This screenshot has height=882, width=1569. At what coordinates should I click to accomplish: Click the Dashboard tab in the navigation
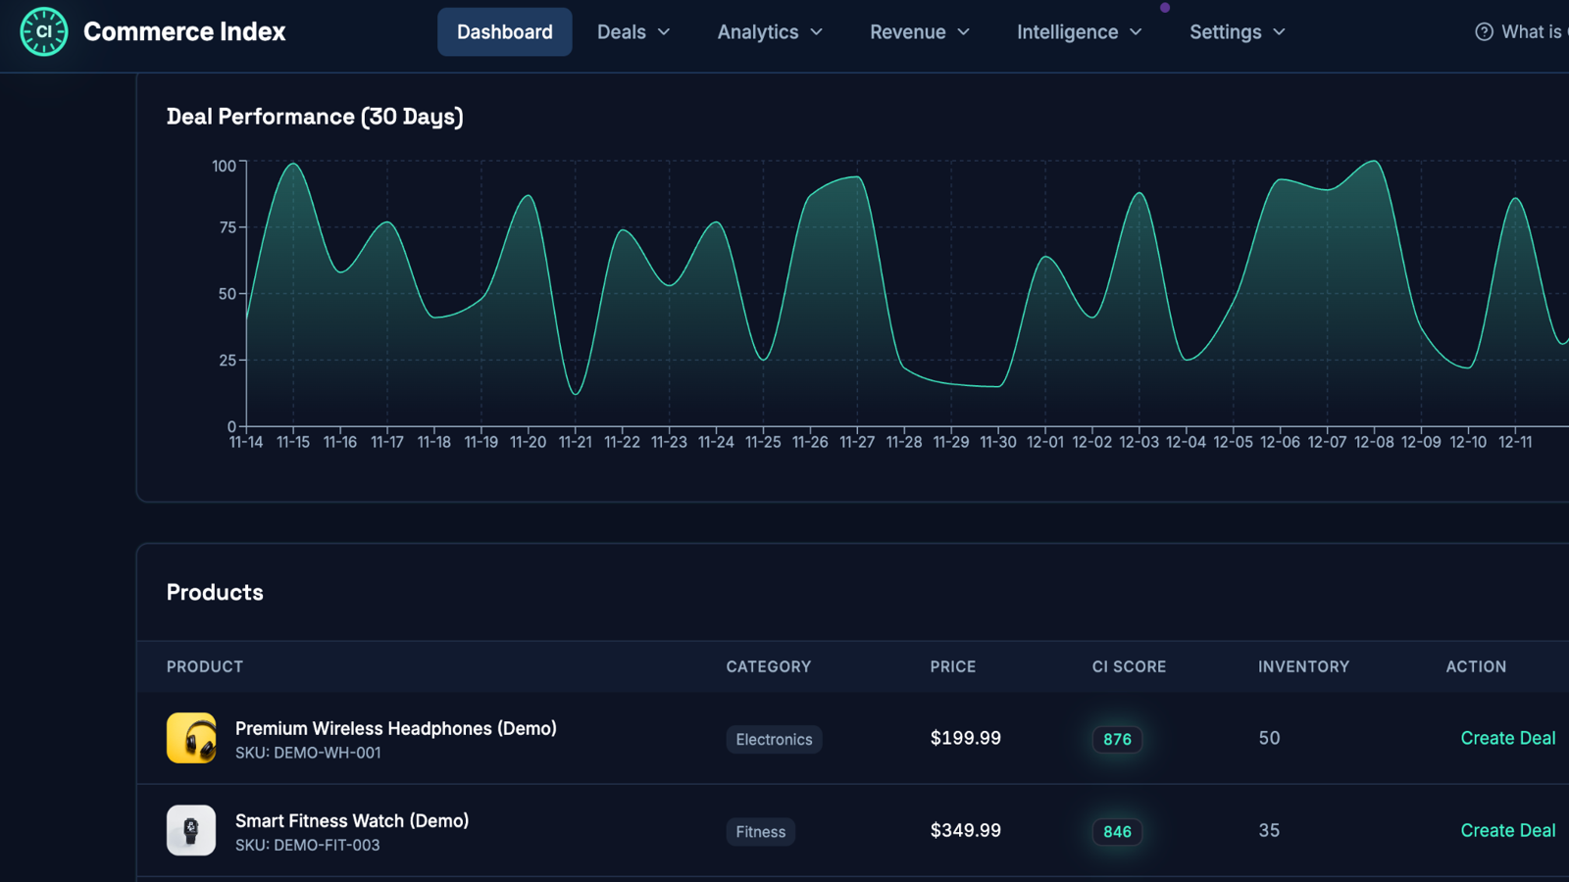point(504,32)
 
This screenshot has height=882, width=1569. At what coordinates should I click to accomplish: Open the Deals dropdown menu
point(633,32)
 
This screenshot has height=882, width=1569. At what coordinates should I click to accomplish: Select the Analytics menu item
point(769,32)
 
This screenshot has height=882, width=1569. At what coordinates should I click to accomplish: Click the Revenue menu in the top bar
point(920,32)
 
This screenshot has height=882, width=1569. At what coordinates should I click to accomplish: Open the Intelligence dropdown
point(1080,32)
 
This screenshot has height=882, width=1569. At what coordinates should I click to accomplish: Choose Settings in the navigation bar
point(1237,32)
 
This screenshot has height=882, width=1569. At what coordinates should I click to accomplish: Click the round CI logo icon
point(44,31)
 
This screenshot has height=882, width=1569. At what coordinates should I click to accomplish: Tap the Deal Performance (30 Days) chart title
point(315,117)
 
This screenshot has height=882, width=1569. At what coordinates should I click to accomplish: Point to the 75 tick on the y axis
point(228,227)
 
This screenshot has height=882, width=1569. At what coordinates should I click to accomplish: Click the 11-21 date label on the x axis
point(575,442)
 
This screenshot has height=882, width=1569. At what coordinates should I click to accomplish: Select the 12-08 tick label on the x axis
point(1374,442)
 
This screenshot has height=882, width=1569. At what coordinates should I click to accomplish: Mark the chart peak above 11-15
point(293,164)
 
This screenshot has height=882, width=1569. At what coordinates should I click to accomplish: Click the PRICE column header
point(952,666)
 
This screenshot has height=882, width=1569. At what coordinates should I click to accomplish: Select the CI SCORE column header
point(1129,666)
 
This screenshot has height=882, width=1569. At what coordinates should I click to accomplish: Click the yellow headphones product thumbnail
point(191,738)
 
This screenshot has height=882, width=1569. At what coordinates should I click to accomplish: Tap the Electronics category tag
point(774,739)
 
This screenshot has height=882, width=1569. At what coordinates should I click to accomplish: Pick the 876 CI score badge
point(1117,739)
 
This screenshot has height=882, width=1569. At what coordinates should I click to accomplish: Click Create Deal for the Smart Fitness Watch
point(1508,831)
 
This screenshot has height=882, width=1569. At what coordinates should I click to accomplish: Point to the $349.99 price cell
point(965,831)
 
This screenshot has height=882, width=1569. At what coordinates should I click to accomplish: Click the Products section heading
point(215,592)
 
